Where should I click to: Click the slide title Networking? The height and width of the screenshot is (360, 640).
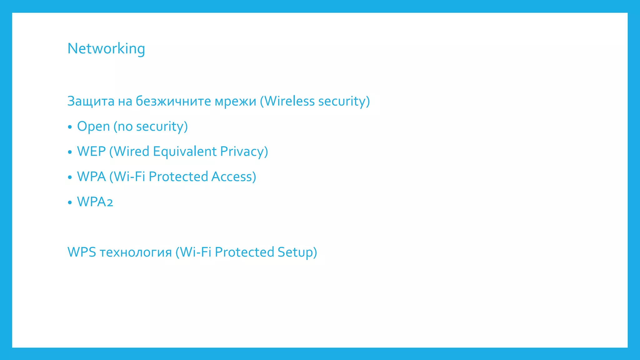[x=106, y=49]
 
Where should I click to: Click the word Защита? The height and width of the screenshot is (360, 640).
[x=91, y=101]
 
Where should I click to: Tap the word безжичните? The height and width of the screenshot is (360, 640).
[x=173, y=101]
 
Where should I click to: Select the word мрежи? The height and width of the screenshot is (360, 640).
[x=235, y=101]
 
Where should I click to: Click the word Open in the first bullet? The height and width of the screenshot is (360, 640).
[x=93, y=127]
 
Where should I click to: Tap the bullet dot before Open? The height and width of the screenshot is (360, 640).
[x=70, y=127]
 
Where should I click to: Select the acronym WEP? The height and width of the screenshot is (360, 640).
[x=91, y=152]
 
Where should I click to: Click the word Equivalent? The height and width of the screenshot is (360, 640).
[x=185, y=152]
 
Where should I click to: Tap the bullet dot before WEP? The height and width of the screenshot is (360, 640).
[x=70, y=152]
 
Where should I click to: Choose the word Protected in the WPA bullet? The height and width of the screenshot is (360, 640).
[x=178, y=177]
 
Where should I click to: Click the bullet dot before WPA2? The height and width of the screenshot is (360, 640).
[x=70, y=202]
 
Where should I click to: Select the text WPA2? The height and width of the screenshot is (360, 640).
[x=95, y=202]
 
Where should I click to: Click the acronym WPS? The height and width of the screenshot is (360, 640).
[x=82, y=252]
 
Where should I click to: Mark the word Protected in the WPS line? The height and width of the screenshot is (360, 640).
[x=244, y=252]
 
